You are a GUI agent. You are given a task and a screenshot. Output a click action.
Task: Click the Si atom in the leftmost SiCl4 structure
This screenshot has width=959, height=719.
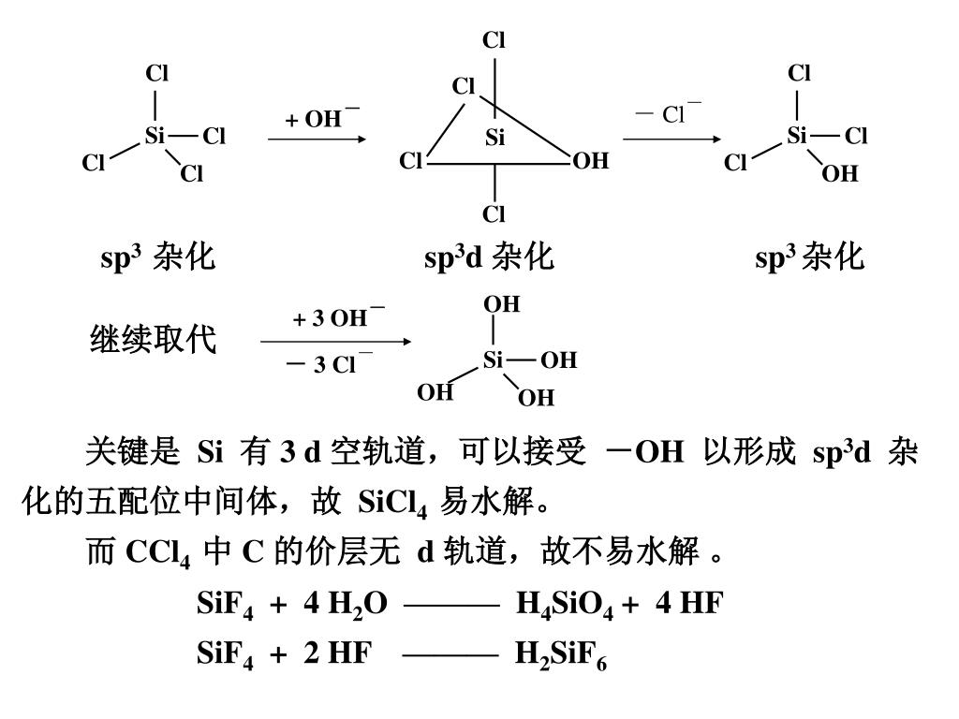[155, 137]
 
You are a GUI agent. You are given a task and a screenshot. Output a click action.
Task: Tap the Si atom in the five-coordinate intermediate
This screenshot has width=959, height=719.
[495, 139]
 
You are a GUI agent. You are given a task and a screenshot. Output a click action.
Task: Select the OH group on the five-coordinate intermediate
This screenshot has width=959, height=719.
[590, 162]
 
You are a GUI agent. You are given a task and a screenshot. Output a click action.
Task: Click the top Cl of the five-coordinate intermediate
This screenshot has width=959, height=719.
[494, 40]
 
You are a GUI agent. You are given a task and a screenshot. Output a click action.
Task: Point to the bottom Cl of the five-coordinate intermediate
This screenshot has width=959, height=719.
[494, 214]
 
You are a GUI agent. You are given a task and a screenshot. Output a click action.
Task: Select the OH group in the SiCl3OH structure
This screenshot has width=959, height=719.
[840, 173]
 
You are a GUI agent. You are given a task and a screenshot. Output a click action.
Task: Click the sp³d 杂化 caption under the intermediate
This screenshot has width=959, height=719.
[489, 257]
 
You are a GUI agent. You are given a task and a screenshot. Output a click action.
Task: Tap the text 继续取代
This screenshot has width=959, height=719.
[153, 339]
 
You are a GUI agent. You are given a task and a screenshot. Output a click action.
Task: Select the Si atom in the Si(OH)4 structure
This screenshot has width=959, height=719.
[494, 359]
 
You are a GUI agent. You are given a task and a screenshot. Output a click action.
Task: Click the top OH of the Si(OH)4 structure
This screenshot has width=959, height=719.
[501, 305]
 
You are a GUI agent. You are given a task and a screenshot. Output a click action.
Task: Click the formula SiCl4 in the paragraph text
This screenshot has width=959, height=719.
[393, 506]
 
